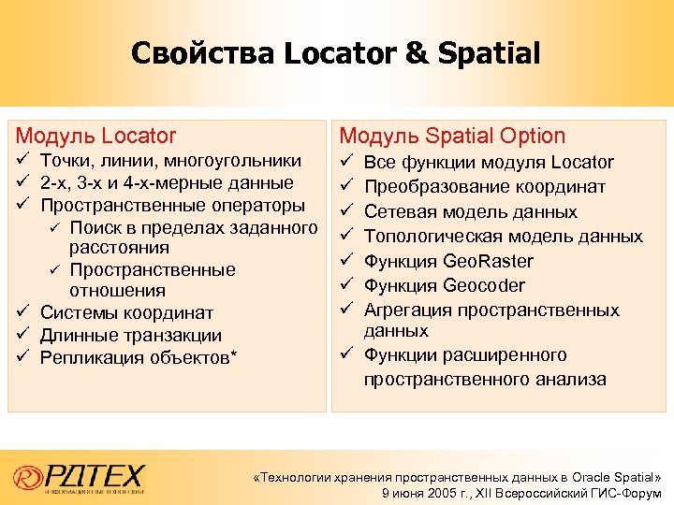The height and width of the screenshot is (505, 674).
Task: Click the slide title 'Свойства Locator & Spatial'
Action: pos(336,53)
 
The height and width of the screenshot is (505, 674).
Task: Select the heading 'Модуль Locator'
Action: pos(96,136)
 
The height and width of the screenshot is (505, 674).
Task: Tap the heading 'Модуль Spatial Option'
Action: pos(452,136)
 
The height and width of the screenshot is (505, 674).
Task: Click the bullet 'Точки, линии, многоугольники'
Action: pos(170,162)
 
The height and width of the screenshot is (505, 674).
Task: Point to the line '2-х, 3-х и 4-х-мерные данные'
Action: pos(167,183)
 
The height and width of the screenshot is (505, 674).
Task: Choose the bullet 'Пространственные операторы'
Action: pos(172,205)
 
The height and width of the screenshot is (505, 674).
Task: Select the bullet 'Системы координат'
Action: pos(126,313)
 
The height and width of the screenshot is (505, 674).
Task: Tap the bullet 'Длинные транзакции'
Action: pos(131,336)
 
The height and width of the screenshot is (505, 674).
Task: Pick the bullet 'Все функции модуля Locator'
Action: pos(489,163)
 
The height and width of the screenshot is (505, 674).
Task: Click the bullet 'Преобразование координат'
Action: pos(485,187)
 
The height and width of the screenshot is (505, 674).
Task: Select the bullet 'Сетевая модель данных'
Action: pos(471,212)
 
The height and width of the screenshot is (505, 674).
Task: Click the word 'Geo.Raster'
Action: pos(489,261)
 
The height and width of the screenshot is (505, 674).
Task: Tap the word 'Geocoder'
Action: pos(484,285)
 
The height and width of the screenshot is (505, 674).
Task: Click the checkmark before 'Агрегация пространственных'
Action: pos(345,310)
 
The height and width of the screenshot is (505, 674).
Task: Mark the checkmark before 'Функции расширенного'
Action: pos(345,354)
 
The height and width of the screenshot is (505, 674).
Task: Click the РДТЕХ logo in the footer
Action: pos(80,477)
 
